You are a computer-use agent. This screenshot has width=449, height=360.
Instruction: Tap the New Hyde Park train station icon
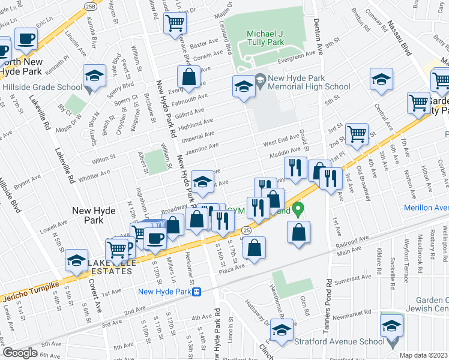coord(196,292)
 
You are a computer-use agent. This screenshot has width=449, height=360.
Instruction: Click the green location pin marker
coord(298,210)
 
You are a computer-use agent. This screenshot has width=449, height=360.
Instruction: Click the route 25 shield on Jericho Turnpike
coord(246,230)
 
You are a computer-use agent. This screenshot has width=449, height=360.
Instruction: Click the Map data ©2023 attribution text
coord(423,355)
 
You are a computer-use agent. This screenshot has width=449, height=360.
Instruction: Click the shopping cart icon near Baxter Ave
coord(175,23)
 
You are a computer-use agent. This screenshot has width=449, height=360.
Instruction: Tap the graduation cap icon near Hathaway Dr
coord(281,329)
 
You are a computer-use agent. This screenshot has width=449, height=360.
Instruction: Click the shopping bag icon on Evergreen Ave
coord(188,77)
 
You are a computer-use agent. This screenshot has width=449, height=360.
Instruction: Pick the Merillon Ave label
coord(427,208)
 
